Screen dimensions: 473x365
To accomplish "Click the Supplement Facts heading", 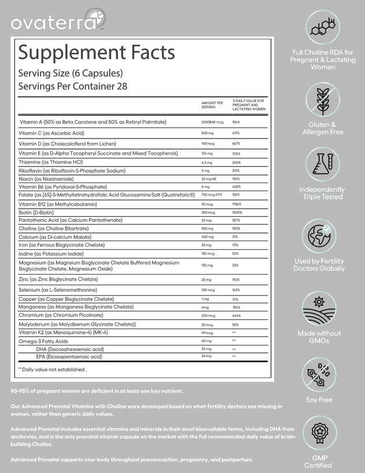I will pos(96,53).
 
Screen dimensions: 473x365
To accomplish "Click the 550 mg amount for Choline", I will pos(207,229).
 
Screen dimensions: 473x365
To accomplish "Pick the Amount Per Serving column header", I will pos(212,104).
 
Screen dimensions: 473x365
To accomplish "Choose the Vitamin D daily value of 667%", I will pos(236,143).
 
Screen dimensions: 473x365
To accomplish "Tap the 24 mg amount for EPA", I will pos(207,356).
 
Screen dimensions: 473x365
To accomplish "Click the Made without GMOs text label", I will pos(319,337).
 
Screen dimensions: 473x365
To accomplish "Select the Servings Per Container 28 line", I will pos(72,86).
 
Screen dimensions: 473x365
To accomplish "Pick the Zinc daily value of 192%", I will pos(236,279).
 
